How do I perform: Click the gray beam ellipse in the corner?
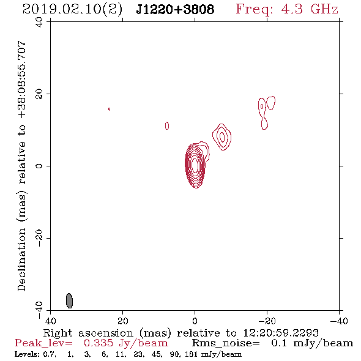pos(69,300)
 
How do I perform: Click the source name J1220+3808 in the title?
pos(175,9)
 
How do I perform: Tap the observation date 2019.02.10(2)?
pos(72,9)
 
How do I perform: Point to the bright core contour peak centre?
pos(195,165)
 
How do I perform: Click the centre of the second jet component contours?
pos(222,137)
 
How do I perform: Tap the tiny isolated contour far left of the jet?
pos(109,109)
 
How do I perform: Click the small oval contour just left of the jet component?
pos(167,125)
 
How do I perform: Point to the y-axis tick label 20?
pos(39,94)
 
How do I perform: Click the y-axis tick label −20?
pos(39,238)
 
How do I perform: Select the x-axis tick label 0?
pos(195,321)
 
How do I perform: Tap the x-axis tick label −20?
pos(267,321)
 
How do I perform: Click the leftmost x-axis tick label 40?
pos(50,321)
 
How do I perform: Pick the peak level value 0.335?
pos(99,343)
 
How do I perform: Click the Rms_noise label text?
pos(226,343)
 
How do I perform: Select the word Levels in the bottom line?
pos(26,354)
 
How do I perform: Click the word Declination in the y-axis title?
pos(21,259)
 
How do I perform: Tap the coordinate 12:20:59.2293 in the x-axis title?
pos(281,333)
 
